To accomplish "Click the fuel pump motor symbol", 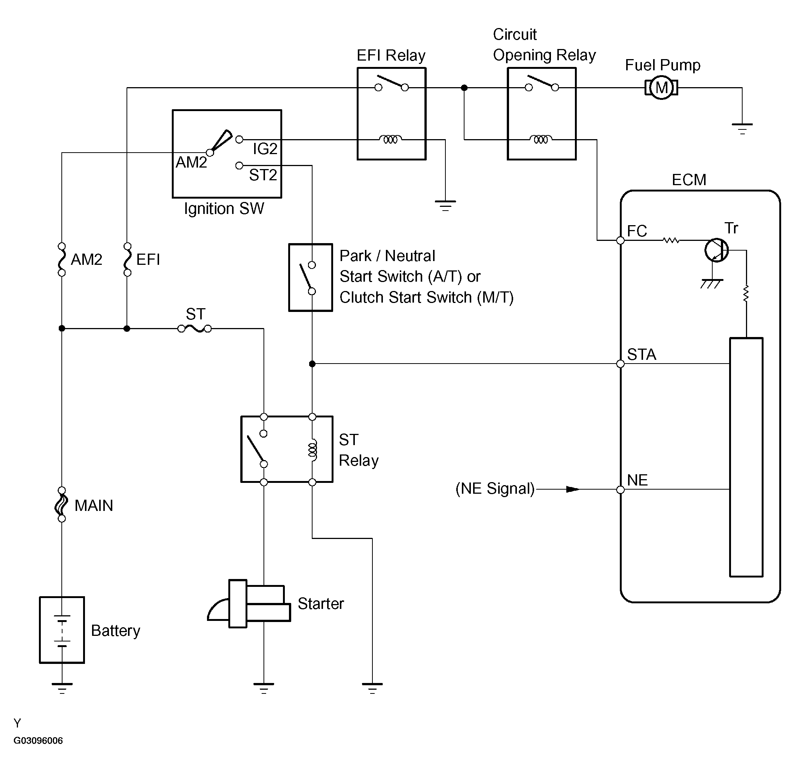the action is click(x=661, y=88).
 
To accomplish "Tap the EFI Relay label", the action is click(x=391, y=55).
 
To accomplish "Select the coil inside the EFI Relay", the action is click(x=390, y=139).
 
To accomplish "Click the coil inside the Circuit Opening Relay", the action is click(x=541, y=139).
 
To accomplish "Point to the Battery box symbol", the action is click(x=62, y=630).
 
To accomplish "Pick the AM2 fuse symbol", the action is click(x=62, y=260).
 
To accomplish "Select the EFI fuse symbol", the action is click(x=127, y=260).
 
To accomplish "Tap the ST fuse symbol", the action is click(x=194, y=328).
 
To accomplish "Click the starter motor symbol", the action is click(x=249, y=603).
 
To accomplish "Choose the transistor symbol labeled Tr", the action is click(x=716, y=250).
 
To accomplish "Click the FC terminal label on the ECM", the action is click(x=637, y=231).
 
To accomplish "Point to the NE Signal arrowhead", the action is click(x=573, y=489).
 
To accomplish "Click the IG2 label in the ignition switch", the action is click(x=265, y=149).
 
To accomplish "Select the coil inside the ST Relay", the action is click(x=312, y=450).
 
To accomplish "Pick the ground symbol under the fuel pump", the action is click(x=742, y=129).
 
